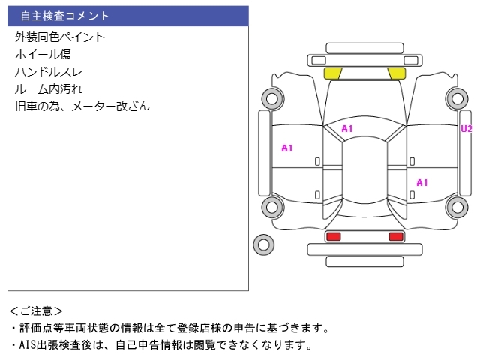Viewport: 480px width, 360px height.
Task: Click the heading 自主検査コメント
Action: tap(64, 16)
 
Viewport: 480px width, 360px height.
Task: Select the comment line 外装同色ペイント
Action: tap(60, 37)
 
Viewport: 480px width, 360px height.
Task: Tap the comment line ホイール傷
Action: tap(43, 55)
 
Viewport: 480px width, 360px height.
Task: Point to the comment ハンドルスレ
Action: tap(48, 72)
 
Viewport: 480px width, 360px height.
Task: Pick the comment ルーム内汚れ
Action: tap(49, 89)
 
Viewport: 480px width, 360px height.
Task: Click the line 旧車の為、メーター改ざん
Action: tap(82, 106)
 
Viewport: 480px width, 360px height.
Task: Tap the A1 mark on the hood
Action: tap(347, 129)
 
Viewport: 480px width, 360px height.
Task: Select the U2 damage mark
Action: tap(466, 129)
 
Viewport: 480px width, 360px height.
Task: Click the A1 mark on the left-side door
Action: tap(287, 148)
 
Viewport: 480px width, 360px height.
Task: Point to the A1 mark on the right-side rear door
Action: tap(422, 183)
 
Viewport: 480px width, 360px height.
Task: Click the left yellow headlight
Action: tap(333, 73)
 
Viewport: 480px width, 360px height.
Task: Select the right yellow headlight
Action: tap(397, 73)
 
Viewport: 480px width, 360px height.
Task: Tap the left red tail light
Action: tap(334, 236)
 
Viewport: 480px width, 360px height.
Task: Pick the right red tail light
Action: tap(396, 236)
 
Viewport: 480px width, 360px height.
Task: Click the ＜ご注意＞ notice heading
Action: tap(36, 311)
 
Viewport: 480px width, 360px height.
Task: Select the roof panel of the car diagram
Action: tap(364, 170)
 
